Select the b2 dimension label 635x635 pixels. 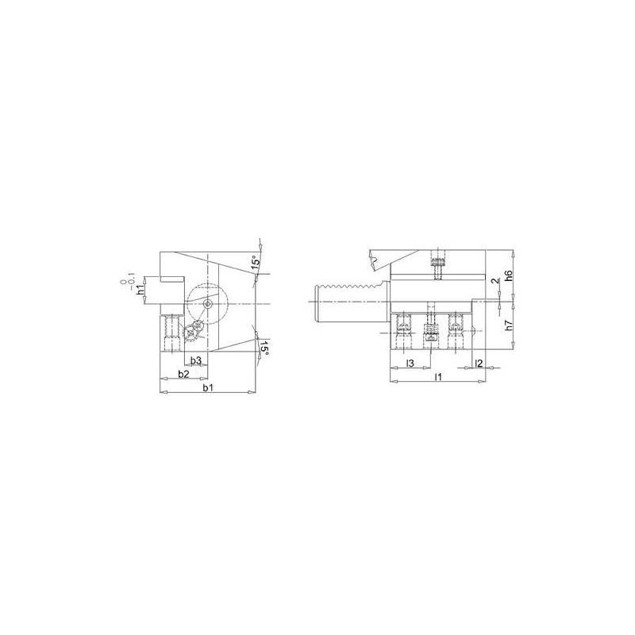(x=183, y=373)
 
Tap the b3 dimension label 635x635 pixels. (x=196, y=360)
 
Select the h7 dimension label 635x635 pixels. (x=509, y=323)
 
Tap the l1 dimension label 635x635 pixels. (x=438, y=375)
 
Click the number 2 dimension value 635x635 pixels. (x=494, y=281)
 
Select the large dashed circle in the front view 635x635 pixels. (x=207, y=304)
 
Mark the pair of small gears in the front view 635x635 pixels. (x=193, y=332)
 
